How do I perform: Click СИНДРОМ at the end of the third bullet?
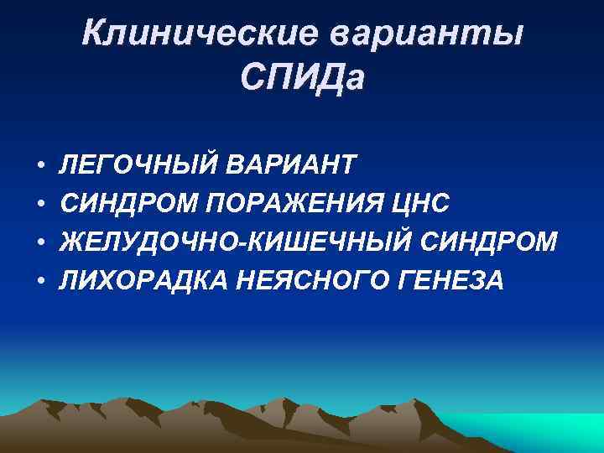click(x=492, y=242)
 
